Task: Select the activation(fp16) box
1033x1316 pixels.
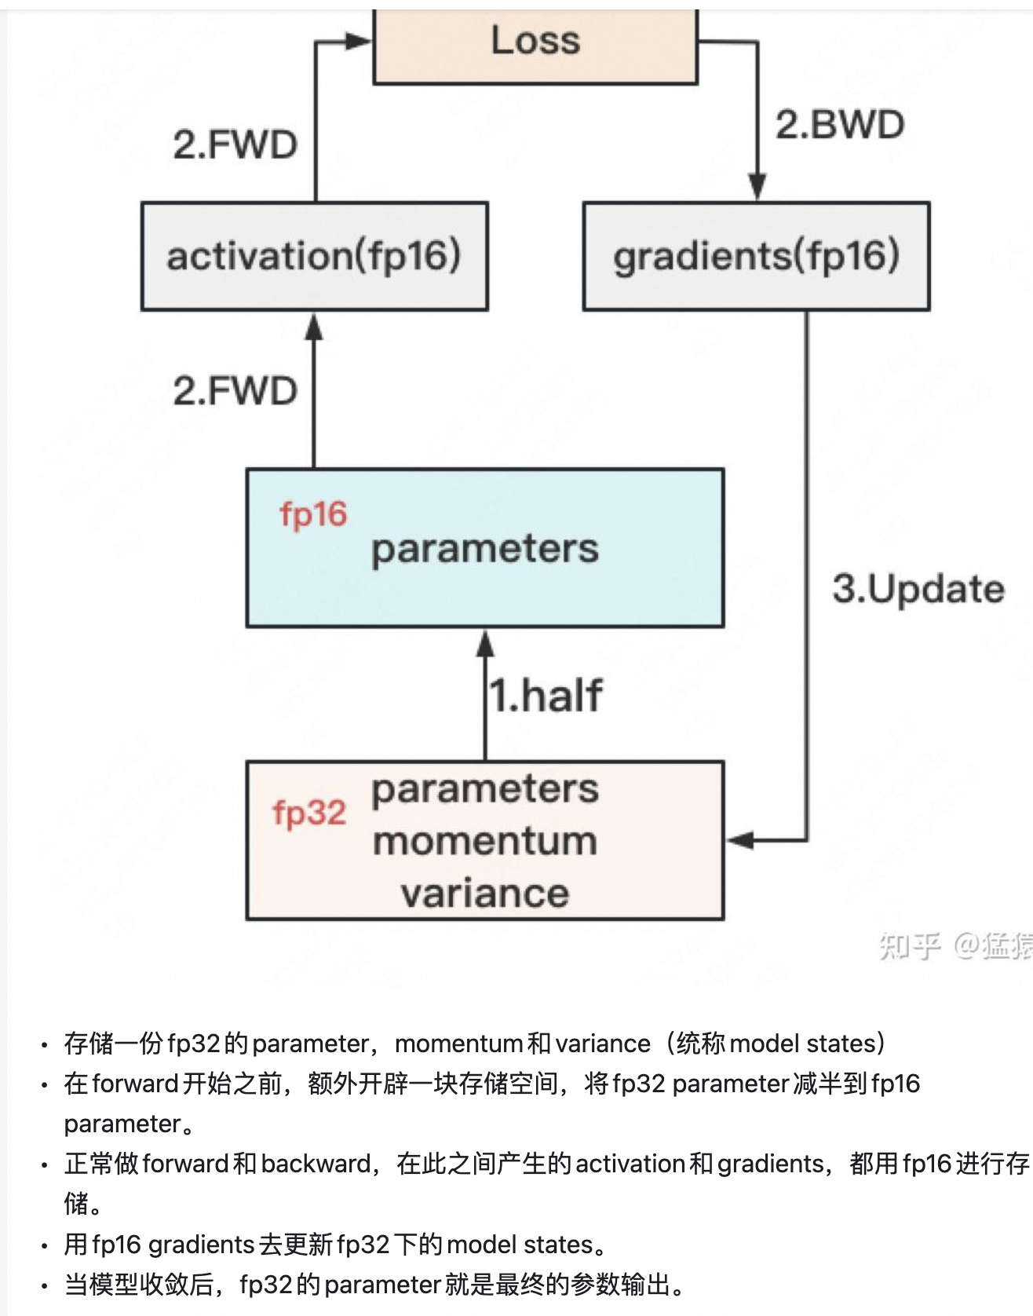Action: point(314,256)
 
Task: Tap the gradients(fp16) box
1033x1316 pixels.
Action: point(756,256)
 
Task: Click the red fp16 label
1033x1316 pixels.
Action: point(313,515)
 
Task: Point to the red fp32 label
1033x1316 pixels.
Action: point(309,813)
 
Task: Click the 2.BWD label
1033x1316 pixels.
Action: point(840,125)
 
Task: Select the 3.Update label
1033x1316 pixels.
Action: point(918,589)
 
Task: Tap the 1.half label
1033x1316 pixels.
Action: point(546,696)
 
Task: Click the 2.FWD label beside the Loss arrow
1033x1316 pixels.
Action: point(235,145)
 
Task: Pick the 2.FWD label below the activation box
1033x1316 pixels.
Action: point(235,391)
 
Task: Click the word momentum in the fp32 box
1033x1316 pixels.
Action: point(485,842)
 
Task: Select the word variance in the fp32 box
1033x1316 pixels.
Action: point(485,894)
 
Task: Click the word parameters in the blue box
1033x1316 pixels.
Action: point(485,549)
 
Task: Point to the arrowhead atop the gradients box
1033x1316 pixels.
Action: point(757,188)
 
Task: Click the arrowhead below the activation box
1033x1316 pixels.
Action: point(314,327)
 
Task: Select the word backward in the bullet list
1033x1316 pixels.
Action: point(316,1164)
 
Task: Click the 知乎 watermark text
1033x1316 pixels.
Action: point(909,945)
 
